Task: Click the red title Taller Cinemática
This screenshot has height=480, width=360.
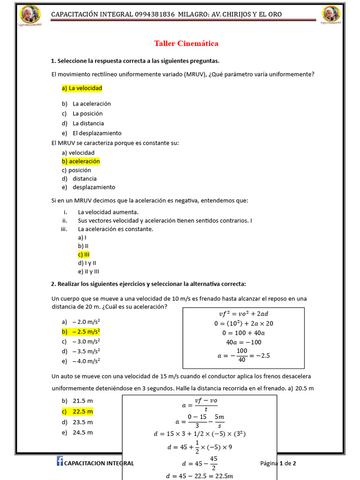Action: tap(186, 44)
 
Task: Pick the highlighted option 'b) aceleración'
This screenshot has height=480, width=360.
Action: tap(81, 161)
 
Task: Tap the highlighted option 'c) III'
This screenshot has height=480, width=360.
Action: tap(84, 255)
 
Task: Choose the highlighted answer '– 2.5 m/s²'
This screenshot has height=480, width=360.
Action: tap(83, 332)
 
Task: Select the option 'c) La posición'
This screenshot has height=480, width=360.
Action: tap(82, 113)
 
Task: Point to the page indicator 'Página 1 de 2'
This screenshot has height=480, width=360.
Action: tap(278, 463)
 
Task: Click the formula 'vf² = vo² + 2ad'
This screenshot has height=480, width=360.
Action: tap(243, 314)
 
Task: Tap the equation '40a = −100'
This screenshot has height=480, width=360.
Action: tap(243, 342)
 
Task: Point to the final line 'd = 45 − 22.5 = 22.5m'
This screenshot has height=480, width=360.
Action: tap(199, 476)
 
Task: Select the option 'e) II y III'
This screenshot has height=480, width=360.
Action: tap(89, 271)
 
